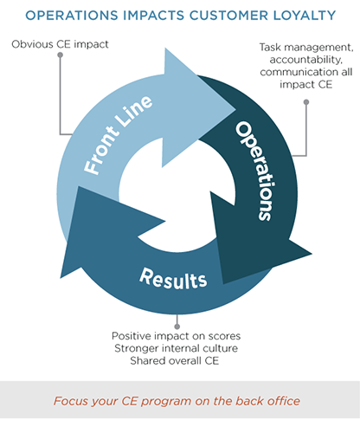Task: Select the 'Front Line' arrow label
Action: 118,135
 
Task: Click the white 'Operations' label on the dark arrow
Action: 255,171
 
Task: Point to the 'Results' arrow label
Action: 173,279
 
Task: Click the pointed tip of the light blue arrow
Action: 235,109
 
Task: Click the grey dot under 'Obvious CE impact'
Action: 60,55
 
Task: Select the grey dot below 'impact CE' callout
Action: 306,102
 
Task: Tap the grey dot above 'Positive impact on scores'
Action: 177,327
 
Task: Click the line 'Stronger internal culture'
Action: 177,348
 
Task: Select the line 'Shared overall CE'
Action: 175,360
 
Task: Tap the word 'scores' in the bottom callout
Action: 224,336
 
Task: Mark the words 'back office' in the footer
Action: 267,401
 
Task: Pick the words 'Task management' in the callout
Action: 306,48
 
